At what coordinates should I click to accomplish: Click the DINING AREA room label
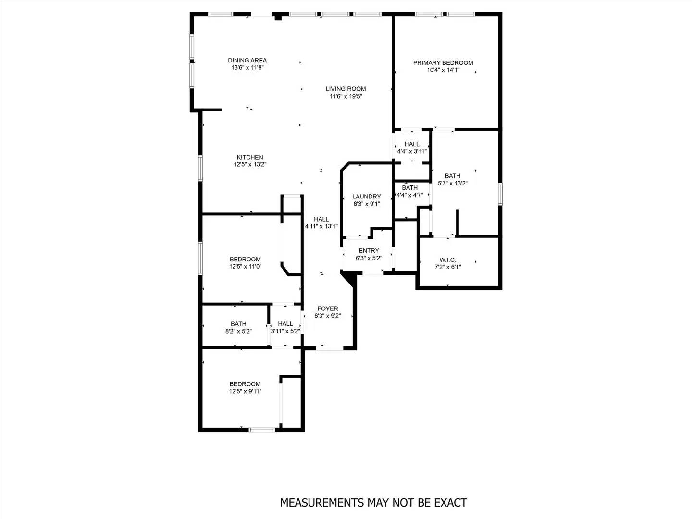tap(247, 61)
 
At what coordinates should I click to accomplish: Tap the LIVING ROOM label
tap(346, 89)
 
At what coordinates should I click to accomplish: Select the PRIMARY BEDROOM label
tap(443, 63)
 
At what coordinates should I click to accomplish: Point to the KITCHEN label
tap(250, 158)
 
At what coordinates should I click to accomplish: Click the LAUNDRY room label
tap(366, 197)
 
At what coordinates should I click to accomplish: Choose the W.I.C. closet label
tap(447, 260)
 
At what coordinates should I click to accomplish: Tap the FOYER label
tap(327, 309)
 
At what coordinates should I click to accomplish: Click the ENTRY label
tap(369, 251)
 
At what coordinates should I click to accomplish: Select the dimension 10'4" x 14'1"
tap(443, 70)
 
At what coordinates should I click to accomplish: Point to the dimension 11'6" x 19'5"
tap(346, 96)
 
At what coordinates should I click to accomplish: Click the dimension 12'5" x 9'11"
tap(245, 391)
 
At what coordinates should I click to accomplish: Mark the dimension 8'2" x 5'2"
tap(238, 331)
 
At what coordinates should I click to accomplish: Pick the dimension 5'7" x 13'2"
tap(453, 183)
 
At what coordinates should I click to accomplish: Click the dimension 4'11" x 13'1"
tap(321, 226)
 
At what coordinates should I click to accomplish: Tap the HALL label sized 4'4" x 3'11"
tap(412, 144)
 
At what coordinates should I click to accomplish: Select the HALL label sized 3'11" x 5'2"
tap(285, 324)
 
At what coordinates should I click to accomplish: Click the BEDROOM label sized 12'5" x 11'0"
tap(245, 259)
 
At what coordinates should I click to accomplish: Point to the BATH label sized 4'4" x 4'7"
tap(409, 188)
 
